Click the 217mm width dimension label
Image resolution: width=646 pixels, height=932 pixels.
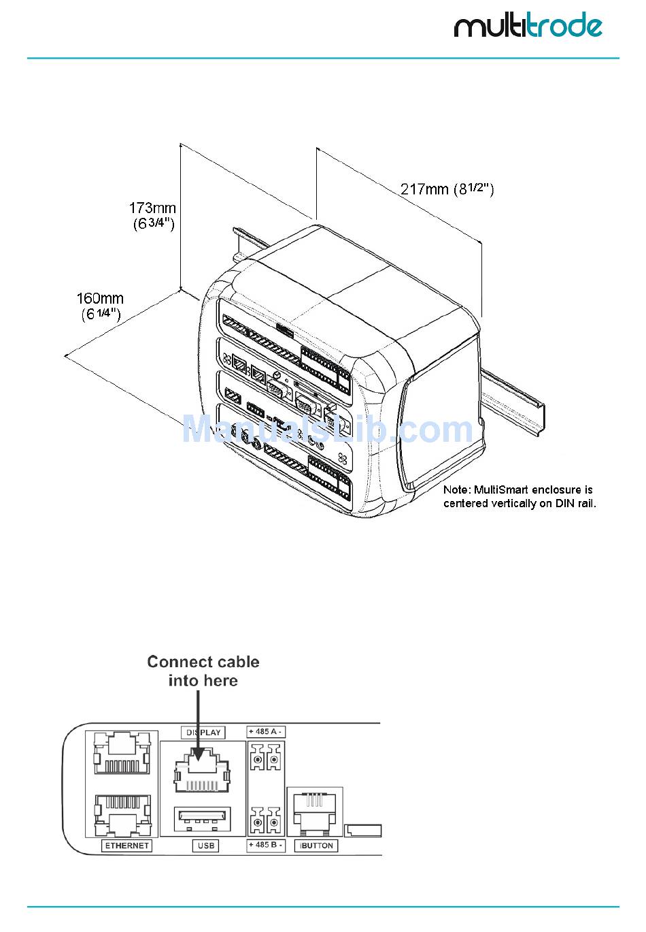[x=447, y=189]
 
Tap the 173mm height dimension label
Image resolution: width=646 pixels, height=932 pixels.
[x=153, y=215]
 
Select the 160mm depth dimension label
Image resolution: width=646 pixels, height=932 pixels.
[x=100, y=306]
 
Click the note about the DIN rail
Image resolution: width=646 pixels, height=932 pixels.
[x=519, y=496]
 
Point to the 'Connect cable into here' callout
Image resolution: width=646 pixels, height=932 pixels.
[x=203, y=671]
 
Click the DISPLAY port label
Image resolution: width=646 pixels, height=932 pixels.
[x=203, y=733]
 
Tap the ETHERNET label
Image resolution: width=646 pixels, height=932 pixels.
[x=126, y=846]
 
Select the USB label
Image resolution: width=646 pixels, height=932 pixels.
[x=205, y=846]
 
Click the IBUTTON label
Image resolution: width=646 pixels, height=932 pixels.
[x=316, y=846]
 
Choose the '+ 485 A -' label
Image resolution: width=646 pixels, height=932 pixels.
[x=266, y=732]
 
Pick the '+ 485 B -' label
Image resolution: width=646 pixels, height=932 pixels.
[x=266, y=845]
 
